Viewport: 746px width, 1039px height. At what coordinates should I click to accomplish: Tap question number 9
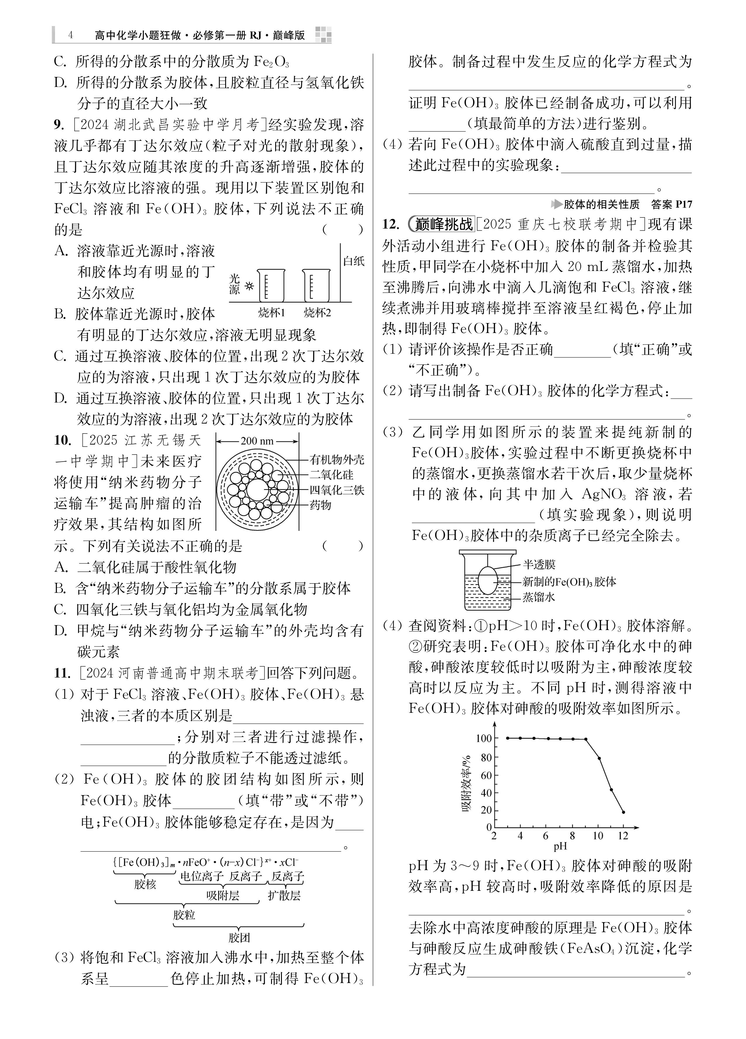tap(59, 125)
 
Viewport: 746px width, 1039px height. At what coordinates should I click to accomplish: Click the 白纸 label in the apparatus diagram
tap(354, 261)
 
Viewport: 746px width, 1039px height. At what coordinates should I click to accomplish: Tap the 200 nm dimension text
tap(257, 441)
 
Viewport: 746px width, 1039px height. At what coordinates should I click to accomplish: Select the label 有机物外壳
tap(337, 460)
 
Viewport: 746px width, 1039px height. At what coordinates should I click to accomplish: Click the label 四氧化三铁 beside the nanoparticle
tap(337, 490)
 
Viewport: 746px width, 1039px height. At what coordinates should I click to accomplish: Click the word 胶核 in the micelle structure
tap(145, 884)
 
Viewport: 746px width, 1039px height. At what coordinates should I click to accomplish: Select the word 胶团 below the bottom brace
tap(239, 937)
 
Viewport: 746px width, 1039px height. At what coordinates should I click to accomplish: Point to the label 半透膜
tap(539, 565)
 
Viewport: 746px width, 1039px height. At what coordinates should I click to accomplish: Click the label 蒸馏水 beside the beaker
tap(539, 597)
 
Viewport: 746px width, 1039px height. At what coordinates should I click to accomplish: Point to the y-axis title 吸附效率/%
tap(466, 783)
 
